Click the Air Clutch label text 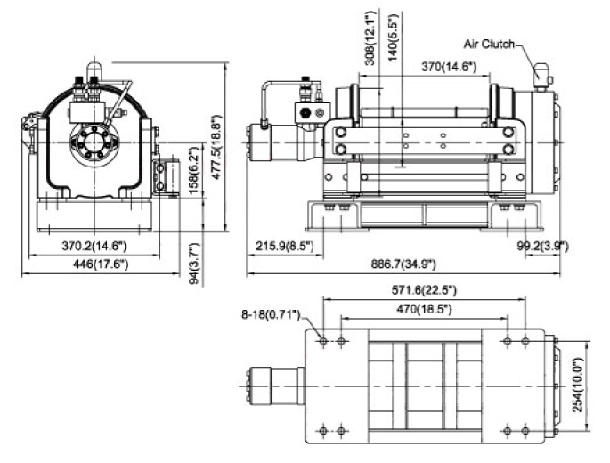(489, 44)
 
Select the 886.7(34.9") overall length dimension (403, 264)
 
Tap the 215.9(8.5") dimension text (285, 246)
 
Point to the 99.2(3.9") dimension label (542, 246)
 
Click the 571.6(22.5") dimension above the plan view (423, 290)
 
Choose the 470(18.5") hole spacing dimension (424, 309)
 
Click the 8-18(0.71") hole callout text (271, 314)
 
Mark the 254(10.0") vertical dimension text (578, 385)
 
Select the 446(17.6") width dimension (101, 264)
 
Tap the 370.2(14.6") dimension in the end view (94, 246)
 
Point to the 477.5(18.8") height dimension (216, 146)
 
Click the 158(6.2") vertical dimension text (193, 170)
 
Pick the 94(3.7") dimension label (194, 264)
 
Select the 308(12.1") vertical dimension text (372, 37)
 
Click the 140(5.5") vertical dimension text (394, 37)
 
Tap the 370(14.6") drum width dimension (449, 67)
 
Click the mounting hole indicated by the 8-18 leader (323, 341)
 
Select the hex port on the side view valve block (305, 113)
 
